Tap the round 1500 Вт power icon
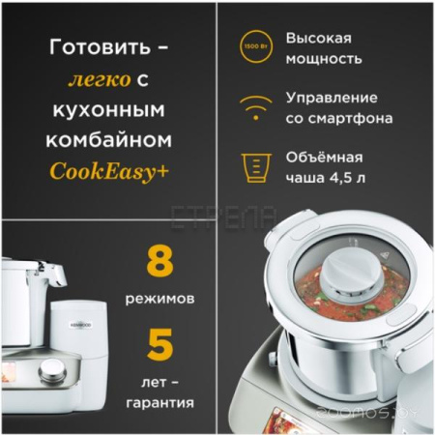tap(253, 46)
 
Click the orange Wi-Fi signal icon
tap(253, 106)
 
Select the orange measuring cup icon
tap(253, 167)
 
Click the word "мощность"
tap(324, 59)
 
